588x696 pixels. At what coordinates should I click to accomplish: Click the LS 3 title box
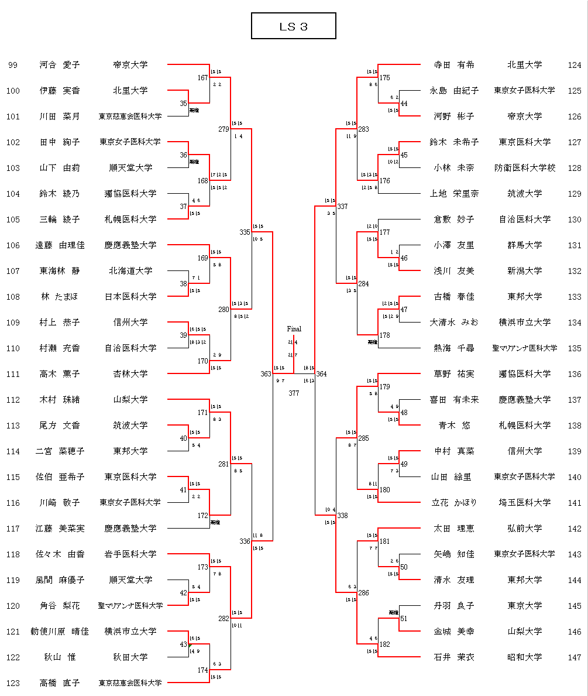tap(293, 26)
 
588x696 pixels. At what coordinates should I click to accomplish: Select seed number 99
tap(13, 65)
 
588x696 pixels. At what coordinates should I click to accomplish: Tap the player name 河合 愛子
tap(60, 65)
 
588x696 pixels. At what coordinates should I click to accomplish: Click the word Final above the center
tap(294, 329)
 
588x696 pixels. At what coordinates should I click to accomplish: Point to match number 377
tap(294, 393)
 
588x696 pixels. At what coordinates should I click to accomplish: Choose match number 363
tap(266, 373)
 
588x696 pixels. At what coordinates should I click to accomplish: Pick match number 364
tap(322, 373)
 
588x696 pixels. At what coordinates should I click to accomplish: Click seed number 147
tap(575, 657)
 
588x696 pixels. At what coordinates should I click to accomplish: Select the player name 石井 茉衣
tap(453, 657)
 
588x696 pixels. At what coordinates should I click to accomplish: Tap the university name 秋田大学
tap(130, 657)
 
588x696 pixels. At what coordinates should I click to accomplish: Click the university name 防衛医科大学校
tap(524, 168)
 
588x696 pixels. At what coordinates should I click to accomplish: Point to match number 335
tap(245, 232)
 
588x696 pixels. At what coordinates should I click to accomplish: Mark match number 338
tap(342, 516)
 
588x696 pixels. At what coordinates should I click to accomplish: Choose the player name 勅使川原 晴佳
tap(60, 632)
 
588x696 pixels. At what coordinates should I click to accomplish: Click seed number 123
tap(13, 683)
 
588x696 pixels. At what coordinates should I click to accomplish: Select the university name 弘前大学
tap(524, 529)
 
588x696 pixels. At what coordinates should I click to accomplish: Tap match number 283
tap(363, 129)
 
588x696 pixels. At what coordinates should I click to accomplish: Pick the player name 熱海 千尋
tap(453, 348)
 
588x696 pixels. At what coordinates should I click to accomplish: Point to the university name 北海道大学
tap(130, 271)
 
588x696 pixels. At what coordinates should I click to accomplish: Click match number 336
tap(245, 541)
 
